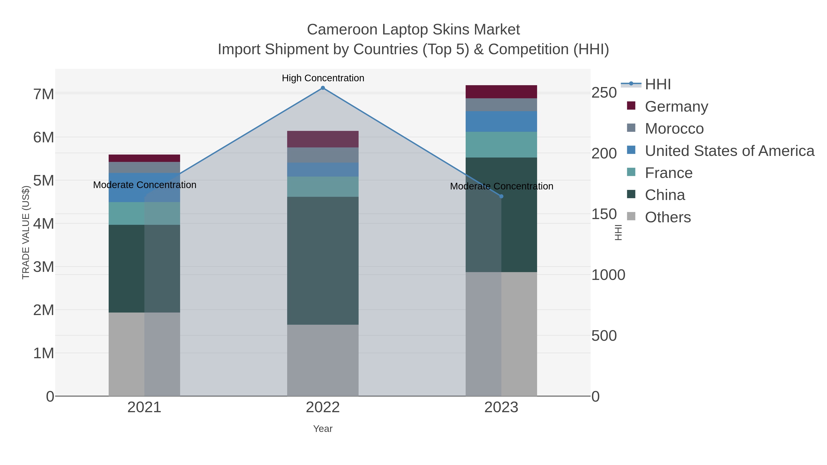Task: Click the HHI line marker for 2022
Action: coord(323,88)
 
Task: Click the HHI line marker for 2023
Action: coord(501,196)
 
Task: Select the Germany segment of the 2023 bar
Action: coord(501,92)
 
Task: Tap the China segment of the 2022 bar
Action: coord(323,261)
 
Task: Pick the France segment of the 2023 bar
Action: coord(501,144)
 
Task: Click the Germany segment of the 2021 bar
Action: coord(144,158)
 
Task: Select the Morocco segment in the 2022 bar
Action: coord(323,155)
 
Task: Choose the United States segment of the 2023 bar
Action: coord(501,121)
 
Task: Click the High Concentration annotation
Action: coord(323,78)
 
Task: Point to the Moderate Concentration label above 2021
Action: coord(144,185)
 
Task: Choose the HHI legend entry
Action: coord(657,85)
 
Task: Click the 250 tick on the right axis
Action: coord(604,93)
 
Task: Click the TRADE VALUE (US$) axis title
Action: coord(26,232)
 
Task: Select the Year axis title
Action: coord(323,429)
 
